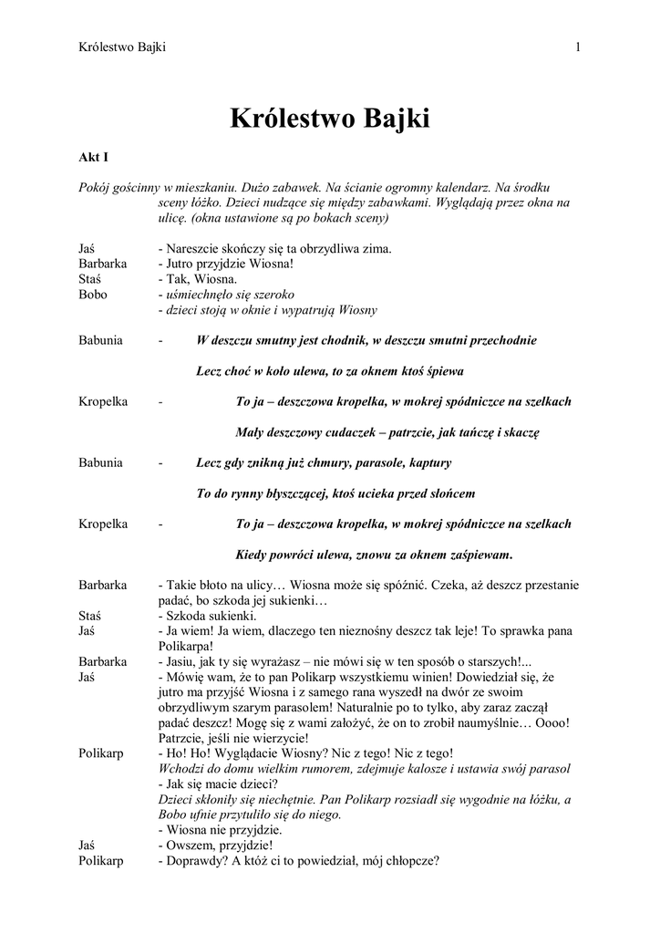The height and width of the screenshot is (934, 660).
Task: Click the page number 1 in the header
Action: click(578, 47)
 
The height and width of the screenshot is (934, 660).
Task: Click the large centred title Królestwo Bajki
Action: click(329, 119)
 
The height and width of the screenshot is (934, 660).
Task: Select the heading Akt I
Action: click(94, 157)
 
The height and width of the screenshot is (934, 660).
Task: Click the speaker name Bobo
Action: click(93, 295)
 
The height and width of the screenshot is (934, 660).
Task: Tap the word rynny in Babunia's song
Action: click(248, 493)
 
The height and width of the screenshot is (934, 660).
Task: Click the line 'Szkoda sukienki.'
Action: click(206, 616)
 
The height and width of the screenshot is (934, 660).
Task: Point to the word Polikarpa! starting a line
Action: click(185, 647)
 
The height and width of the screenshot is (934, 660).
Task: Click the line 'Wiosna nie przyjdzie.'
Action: click(220, 830)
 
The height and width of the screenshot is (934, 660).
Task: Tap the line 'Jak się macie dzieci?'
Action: click(219, 784)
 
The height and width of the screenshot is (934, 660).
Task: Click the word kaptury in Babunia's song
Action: click(427, 462)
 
